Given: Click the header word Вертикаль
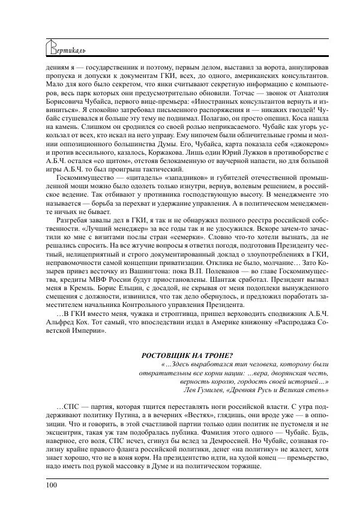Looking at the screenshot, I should point(64,47).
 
